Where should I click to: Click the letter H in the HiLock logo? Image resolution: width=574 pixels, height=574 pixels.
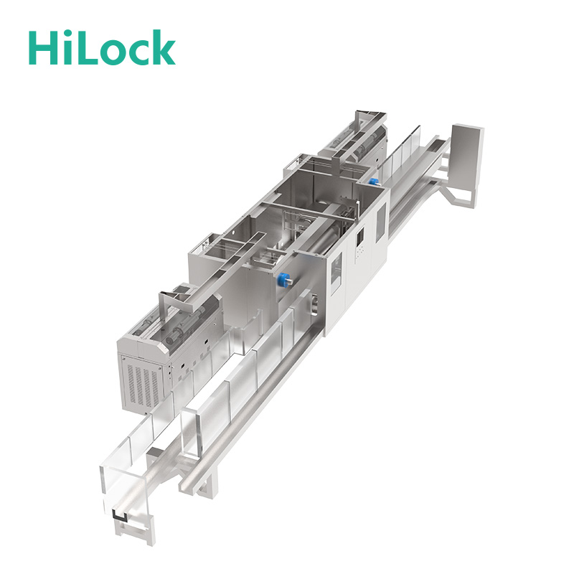click(x=44, y=48)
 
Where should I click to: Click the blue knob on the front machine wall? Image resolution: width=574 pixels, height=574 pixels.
click(x=284, y=280)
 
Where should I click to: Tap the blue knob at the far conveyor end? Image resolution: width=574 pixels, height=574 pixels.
click(x=373, y=182)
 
